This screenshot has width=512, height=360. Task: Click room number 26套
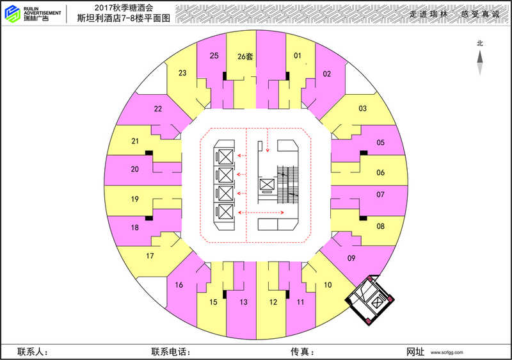coord(245,56)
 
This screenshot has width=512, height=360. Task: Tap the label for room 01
coord(298,56)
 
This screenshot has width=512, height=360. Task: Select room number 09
coord(351,258)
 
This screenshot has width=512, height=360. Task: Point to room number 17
coord(150,256)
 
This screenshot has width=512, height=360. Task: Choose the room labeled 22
coord(158,109)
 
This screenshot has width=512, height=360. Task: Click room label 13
coord(244,302)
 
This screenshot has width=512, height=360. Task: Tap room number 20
coord(134,170)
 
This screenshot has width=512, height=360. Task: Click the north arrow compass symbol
coord(479,61)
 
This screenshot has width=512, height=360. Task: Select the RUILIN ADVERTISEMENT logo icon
coord(12,13)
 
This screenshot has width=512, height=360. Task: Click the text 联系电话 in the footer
coord(171,352)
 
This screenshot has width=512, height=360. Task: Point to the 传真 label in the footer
coord(301,352)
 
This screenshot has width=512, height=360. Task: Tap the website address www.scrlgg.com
coord(447,352)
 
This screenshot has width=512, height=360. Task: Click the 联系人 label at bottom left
coord(33,352)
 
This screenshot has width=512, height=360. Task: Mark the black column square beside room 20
coord(148,152)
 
